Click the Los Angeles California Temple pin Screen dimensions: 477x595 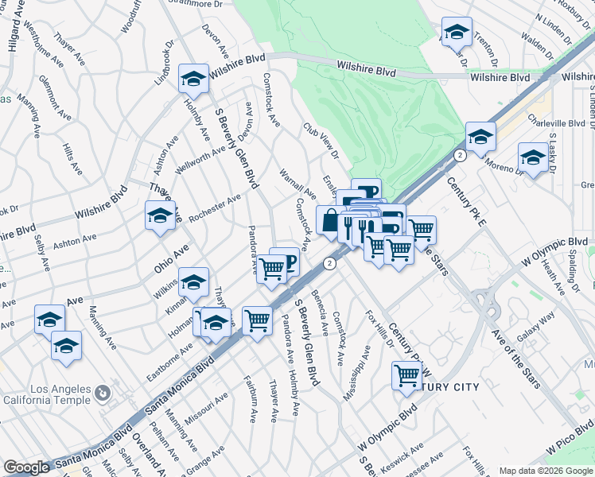point(102,393)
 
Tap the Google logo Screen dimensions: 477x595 point(26,467)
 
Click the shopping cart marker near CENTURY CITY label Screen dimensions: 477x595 point(406,374)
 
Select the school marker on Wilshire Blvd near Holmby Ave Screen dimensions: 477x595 point(193,79)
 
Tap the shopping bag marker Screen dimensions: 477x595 point(330,220)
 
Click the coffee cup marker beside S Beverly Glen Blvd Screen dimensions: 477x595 point(285,262)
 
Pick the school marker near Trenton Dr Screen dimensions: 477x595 point(457,32)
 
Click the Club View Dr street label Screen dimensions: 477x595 point(321,140)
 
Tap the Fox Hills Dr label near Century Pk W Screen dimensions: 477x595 point(379,329)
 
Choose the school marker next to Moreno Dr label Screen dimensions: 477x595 point(532,157)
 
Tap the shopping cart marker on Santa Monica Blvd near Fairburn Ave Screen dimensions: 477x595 point(257,321)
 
